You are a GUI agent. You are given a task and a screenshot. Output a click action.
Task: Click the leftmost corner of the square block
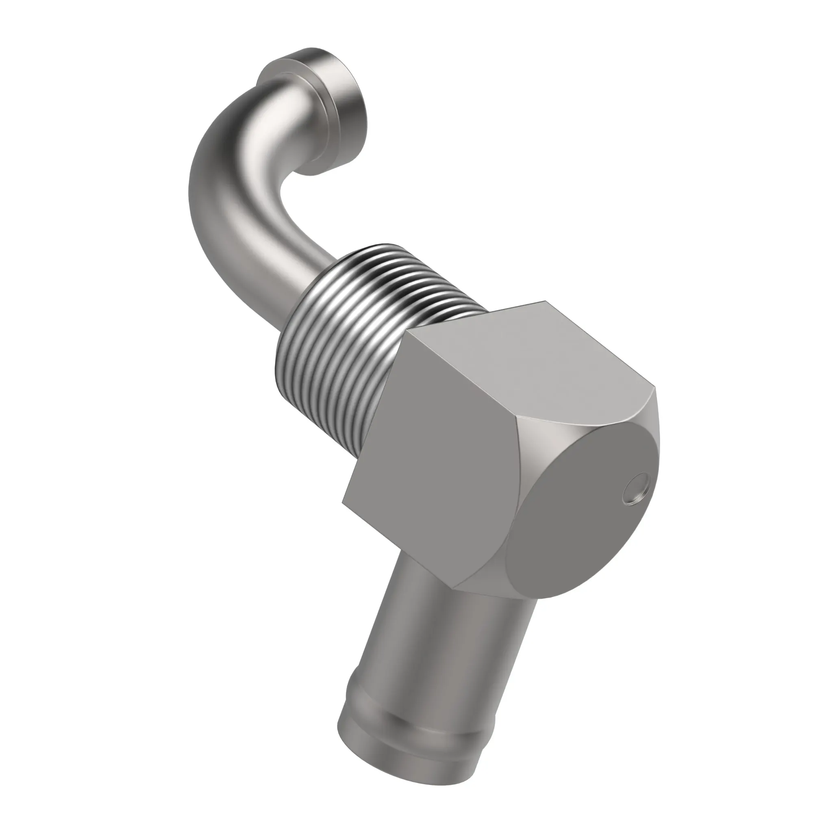tap(343, 502)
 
